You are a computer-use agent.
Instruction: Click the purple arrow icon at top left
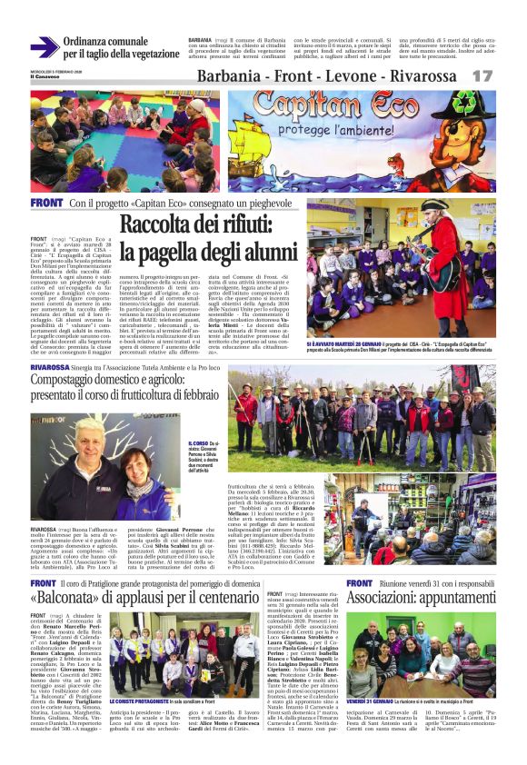click(44, 47)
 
